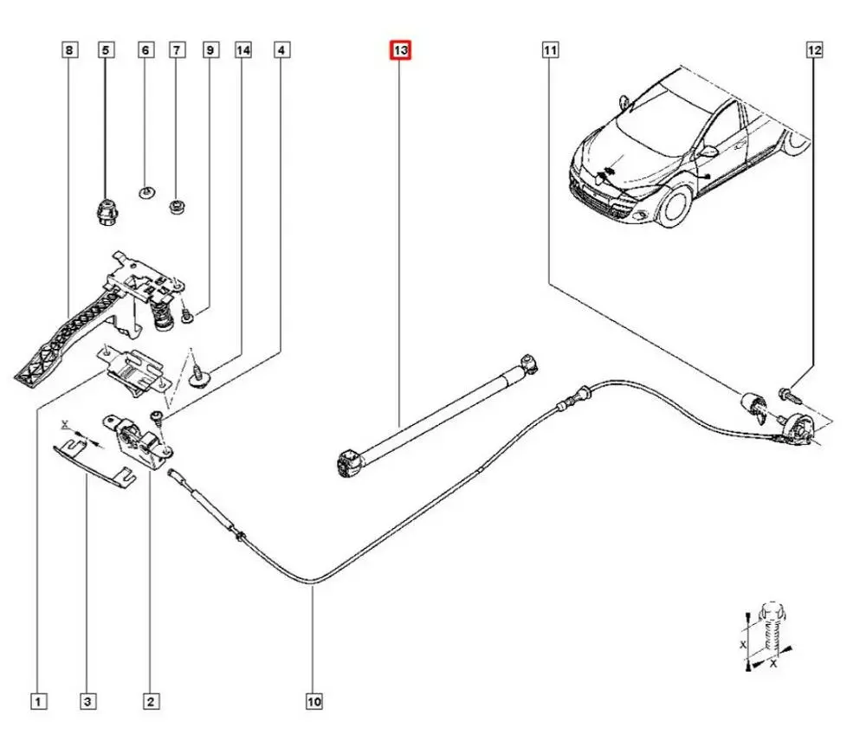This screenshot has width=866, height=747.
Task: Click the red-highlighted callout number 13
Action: (x=400, y=50)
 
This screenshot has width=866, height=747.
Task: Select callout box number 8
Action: (x=70, y=50)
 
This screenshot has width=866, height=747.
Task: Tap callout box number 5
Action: (x=106, y=50)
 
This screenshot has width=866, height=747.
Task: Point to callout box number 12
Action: (x=813, y=50)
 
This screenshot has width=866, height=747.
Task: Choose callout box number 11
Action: (x=550, y=50)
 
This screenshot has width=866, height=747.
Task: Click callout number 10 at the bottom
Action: (x=313, y=701)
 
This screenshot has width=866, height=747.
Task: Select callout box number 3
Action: (x=87, y=701)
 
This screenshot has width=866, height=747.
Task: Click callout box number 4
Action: (x=281, y=50)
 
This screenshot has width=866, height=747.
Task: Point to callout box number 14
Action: (x=243, y=50)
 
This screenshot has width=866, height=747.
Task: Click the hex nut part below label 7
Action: (x=177, y=208)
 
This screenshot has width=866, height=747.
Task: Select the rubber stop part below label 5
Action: (x=105, y=210)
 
